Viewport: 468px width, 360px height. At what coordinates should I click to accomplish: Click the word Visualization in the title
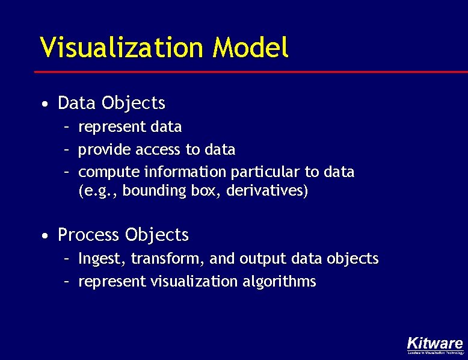[x=123, y=47]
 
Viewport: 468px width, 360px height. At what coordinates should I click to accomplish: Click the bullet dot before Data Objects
[x=46, y=105]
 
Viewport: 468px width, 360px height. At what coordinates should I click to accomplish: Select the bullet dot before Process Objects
[x=46, y=235]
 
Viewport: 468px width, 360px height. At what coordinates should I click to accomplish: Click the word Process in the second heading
[x=88, y=234]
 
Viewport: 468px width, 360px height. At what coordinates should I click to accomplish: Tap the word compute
[x=109, y=172]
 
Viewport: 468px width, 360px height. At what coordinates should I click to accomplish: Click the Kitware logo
[x=435, y=345]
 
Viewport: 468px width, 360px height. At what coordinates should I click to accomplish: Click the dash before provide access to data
[x=69, y=149]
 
